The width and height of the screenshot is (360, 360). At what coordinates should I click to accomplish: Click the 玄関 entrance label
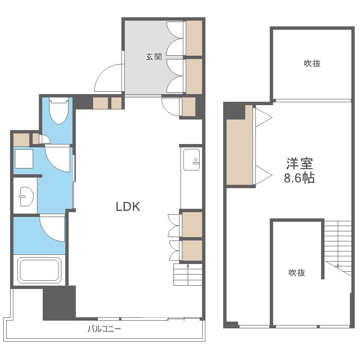(x=154, y=57)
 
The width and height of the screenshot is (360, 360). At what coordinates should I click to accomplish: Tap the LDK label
(x=128, y=206)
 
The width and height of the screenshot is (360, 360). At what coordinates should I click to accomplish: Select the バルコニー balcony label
(x=104, y=329)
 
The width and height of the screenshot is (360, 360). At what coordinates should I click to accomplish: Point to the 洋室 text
(x=300, y=164)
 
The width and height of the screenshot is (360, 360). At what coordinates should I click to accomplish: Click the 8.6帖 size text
(x=299, y=178)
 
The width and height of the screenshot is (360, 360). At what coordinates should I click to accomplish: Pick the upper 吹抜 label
(x=312, y=63)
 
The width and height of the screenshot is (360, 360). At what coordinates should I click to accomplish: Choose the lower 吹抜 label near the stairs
(x=297, y=273)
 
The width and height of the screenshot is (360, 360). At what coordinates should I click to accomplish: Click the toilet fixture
(x=59, y=110)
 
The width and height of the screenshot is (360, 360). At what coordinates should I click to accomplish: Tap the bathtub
(x=39, y=270)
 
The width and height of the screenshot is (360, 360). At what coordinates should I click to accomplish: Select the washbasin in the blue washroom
(x=26, y=196)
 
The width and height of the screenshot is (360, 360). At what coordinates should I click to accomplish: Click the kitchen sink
(x=192, y=160)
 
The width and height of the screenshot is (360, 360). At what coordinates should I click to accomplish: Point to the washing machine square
(x=24, y=159)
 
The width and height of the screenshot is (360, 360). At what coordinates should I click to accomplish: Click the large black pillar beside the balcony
(x=59, y=303)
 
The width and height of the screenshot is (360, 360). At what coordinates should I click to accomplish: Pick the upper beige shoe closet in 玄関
(x=194, y=38)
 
